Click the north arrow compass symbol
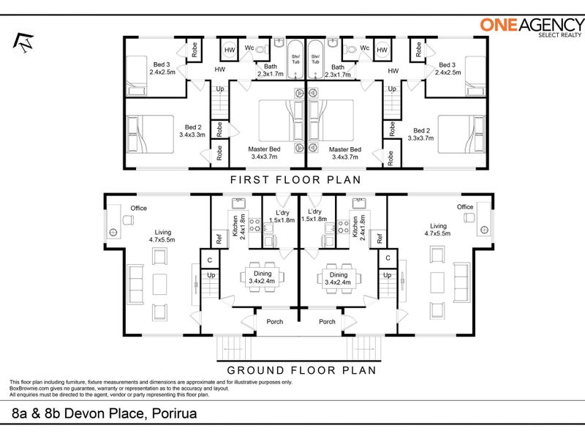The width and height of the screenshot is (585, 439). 23,42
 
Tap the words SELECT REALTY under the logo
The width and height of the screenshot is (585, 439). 559,35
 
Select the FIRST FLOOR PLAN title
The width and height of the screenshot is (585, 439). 295,180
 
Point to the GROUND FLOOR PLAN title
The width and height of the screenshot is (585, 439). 301,370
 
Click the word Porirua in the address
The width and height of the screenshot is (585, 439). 174,413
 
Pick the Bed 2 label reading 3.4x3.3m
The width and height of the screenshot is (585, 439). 192,131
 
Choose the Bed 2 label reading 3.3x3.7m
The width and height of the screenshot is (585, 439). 421,135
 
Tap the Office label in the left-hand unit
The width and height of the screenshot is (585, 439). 138,209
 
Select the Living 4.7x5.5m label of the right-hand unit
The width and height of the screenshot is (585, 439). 437,230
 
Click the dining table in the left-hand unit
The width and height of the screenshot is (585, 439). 262,277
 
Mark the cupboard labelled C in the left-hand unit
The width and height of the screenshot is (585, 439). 210,260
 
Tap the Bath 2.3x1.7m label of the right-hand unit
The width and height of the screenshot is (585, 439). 338,71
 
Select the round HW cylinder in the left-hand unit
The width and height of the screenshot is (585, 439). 230,50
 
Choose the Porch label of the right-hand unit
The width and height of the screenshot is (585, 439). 327,321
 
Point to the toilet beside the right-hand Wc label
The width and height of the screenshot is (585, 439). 350,49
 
